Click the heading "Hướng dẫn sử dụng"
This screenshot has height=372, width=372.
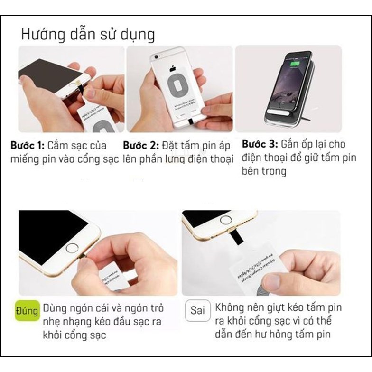pyautogui.click(x=88, y=35)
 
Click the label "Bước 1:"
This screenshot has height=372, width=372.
pyautogui.click(x=28, y=145)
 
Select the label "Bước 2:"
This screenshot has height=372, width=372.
pyautogui.click(x=140, y=145)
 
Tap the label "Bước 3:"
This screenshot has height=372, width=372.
pyautogui.click(x=260, y=144)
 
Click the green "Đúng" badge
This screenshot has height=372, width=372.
pyautogui.click(x=27, y=311)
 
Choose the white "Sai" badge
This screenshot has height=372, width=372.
pyautogui.click(x=197, y=311)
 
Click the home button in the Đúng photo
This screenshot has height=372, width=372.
pyautogui.click(x=72, y=248)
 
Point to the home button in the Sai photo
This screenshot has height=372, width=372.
pyautogui.click(x=225, y=220)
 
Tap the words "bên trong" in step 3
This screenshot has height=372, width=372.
pyautogui.click(x=264, y=171)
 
